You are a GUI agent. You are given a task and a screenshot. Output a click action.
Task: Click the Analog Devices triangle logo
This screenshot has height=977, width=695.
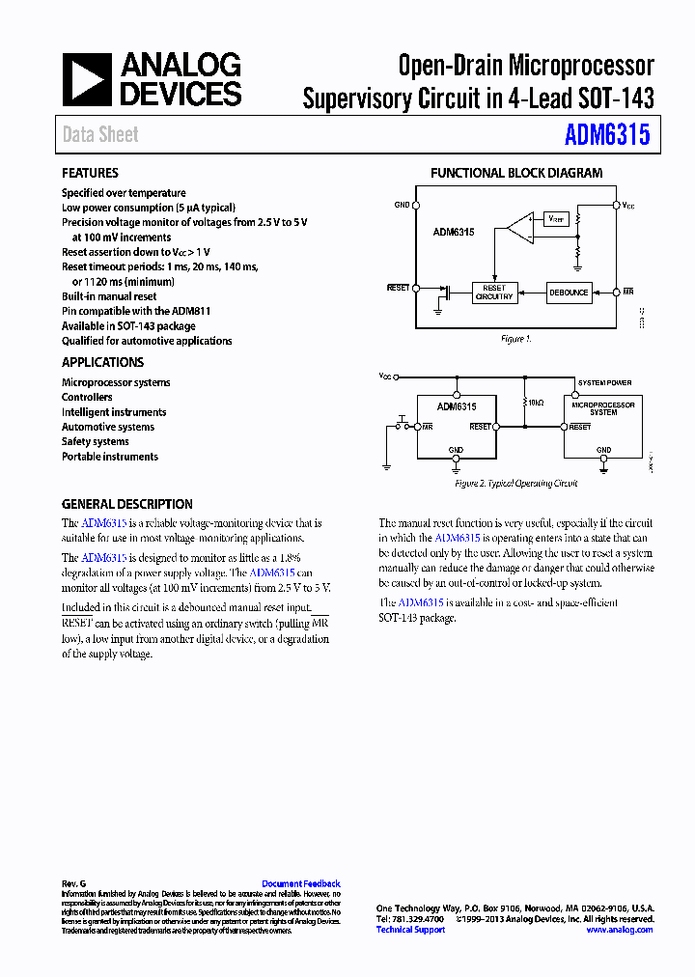88,79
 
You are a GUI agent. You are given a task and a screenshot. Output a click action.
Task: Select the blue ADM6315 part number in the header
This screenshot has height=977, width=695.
607,134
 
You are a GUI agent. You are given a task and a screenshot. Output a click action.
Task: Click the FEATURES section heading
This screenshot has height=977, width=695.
90,173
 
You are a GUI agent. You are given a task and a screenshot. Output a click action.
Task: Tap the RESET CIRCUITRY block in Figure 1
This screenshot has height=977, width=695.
493,293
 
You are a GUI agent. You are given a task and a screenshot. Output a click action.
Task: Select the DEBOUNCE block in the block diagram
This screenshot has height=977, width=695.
569,293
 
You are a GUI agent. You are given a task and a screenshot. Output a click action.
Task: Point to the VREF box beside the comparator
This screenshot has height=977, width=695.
557,219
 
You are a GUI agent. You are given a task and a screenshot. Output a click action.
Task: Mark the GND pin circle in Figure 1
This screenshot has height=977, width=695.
416,205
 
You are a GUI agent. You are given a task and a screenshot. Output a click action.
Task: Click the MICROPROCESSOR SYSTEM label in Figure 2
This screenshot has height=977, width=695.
603,408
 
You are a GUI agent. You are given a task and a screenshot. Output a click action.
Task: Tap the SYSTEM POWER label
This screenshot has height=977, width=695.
604,383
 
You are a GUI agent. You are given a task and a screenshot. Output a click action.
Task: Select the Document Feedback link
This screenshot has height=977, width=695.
301,883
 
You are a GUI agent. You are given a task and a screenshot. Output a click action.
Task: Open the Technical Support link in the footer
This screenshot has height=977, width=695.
410,930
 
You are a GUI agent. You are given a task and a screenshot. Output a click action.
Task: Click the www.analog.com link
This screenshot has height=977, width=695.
619,930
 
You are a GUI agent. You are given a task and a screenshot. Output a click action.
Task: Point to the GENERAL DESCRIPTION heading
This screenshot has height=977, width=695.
126,504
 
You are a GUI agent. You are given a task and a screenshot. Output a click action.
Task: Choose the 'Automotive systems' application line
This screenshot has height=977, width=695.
108,427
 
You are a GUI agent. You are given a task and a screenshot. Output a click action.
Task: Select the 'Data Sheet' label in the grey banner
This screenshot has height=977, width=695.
100,135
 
